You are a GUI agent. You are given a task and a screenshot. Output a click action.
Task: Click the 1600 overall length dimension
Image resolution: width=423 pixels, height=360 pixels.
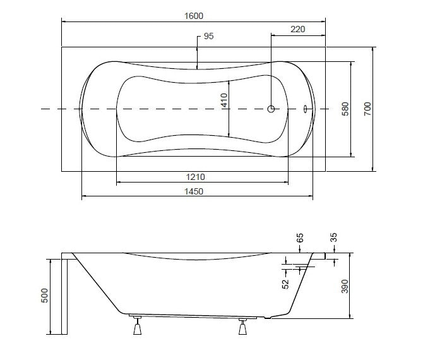pos(194,16)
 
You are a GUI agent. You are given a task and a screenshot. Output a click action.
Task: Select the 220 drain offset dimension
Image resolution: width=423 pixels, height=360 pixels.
pos(297,29)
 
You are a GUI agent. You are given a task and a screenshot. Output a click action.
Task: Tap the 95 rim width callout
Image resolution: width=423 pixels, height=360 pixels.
pos(208,36)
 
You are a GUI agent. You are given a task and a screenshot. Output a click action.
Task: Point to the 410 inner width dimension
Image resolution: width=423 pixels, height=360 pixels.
pos(225,100)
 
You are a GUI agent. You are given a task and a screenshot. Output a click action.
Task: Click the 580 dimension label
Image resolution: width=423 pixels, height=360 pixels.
pos(345,109)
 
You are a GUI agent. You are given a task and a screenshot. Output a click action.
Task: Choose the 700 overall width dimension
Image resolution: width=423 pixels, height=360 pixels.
pos(367,109)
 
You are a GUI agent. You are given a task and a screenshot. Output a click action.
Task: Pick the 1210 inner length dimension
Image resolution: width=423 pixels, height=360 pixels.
pos(195,177)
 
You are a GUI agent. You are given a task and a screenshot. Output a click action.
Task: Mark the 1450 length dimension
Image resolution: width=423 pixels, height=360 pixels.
pos(194,191)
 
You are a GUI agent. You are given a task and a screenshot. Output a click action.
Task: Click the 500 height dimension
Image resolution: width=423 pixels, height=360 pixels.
pos(45,296)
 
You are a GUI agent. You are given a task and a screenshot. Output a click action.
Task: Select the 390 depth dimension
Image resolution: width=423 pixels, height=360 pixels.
pos(345,286)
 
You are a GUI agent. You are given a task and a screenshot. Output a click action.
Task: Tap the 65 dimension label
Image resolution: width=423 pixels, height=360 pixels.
pos(300,238)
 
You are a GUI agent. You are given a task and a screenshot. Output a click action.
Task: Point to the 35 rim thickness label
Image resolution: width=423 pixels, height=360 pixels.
pos(334,237)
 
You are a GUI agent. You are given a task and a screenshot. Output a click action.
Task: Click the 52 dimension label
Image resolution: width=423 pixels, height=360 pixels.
pos(285,284)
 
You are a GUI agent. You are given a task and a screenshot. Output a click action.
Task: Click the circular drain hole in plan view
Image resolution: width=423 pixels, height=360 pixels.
pos(271,109)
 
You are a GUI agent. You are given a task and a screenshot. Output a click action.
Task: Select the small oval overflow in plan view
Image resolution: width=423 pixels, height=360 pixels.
pos(305,109)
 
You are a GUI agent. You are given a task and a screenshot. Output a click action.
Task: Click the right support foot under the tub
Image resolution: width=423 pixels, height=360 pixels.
pos(242,327)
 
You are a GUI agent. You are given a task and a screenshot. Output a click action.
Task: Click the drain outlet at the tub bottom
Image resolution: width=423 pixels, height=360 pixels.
pos(268,318)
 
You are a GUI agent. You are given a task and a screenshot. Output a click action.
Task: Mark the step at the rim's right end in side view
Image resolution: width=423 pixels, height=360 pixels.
pos(319,256)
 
